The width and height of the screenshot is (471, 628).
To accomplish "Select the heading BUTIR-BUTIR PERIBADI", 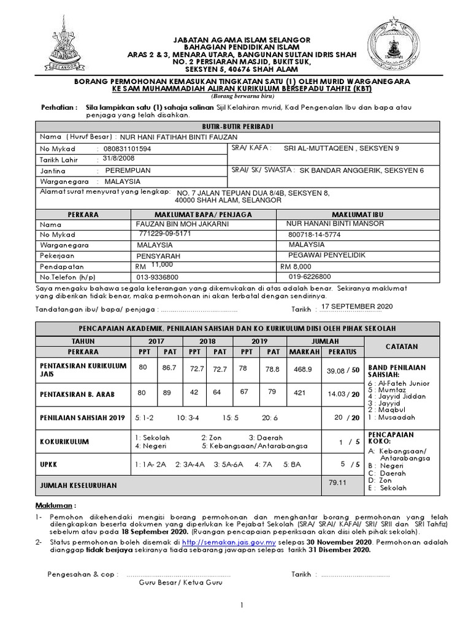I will pyautogui.click(x=237, y=126).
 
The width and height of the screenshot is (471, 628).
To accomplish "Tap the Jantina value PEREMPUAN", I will pyautogui.click(x=128, y=170).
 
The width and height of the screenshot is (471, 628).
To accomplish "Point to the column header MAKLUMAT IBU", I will pyautogui.click(x=358, y=214).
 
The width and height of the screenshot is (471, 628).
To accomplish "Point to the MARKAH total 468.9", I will pyautogui.click(x=303, y=369).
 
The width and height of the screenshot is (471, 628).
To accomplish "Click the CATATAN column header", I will pyautogui.click(x=402, y=347).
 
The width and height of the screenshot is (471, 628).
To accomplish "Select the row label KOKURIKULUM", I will pyautogui.click(x=64, y=441).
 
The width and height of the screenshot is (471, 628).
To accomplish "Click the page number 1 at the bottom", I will pyautogui.click(x=242, y=606).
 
